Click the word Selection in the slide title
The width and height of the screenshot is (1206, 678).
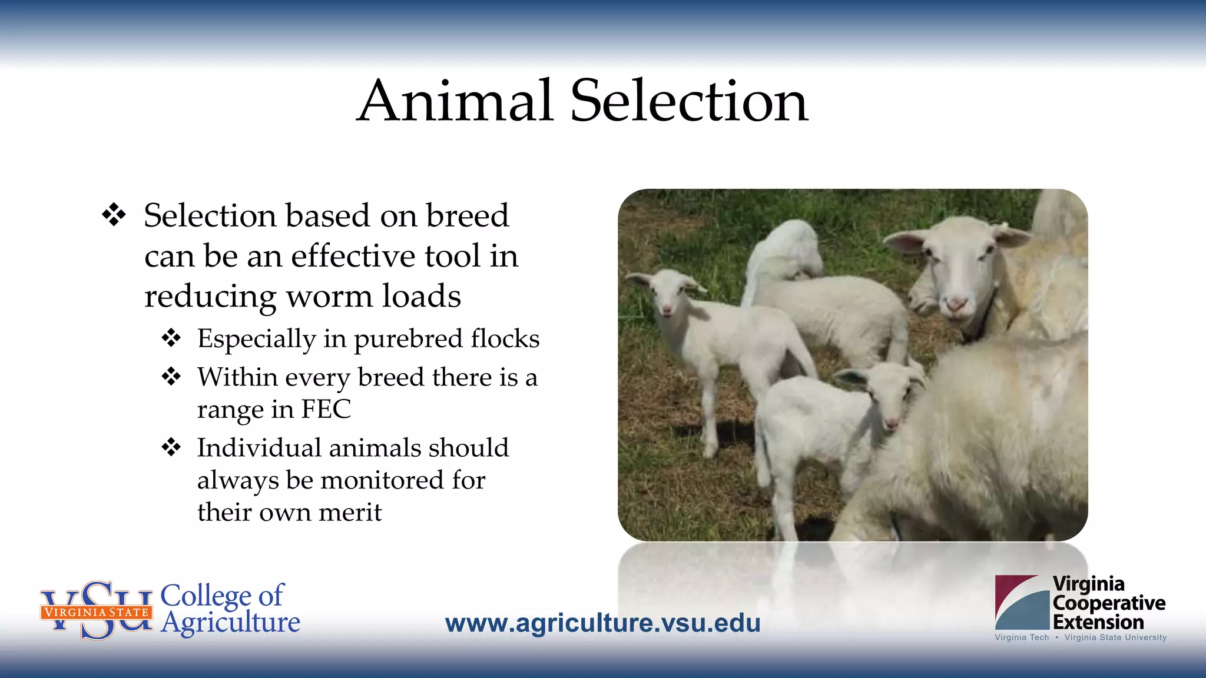click(x=690, y=101)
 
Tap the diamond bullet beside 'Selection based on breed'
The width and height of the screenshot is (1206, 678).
click(x=114, y=215)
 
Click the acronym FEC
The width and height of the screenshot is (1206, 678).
click(x=326, y=409)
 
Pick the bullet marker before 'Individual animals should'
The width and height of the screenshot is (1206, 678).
click(x=171, y=447)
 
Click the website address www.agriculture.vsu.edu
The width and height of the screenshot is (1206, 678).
click(x=602, y=623)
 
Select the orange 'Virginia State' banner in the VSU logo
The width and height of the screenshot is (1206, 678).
click(x=97, y=612)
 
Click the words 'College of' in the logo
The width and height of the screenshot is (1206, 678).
click(x=222, y=595)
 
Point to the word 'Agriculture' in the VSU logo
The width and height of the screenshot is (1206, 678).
click(x=231, y=623)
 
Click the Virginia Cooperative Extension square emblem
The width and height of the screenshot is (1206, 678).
click(x=1022, y=602)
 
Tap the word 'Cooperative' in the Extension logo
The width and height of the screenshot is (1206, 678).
click(x=1109, y=603)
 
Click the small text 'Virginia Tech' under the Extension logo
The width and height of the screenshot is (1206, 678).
click(x=1022, y=637)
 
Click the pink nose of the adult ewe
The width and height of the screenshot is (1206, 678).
click(x=956, y=304)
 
